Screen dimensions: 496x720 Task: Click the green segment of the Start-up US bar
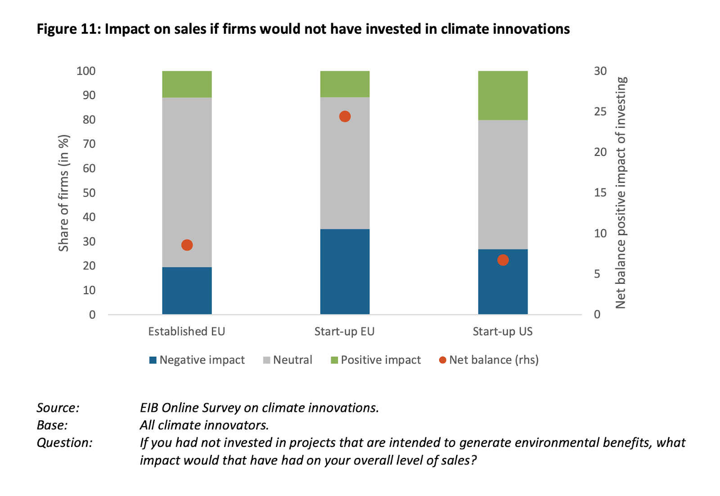click(503, 96)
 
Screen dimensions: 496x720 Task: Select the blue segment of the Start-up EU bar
click(345, 272)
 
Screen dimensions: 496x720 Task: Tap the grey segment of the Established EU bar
click(187, 180)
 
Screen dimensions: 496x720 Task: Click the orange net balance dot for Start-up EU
click(345, 117)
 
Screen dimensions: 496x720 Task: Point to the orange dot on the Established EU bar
click(187, 245)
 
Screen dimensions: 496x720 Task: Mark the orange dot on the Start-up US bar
click(503, 260)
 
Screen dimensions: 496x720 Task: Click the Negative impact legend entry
click(197, 360)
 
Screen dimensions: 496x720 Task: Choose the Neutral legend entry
click(288, 360)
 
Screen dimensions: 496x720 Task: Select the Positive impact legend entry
click(376, 360)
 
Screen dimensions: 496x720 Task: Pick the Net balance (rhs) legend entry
click(489, 360)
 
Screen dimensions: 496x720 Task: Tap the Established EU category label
click(186, 332)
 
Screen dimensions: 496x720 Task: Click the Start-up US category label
click(502, 332)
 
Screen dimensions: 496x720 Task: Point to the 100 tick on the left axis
click(86, 71)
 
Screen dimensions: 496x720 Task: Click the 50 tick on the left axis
click(89, 193)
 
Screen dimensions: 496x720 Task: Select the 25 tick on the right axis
click(600, 112)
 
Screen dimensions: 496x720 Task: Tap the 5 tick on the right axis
click(597, 274)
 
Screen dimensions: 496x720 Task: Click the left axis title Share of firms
click(64, 193)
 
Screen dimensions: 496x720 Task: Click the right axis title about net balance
click(621, 193)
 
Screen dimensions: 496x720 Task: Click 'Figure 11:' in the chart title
click(68, 29)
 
